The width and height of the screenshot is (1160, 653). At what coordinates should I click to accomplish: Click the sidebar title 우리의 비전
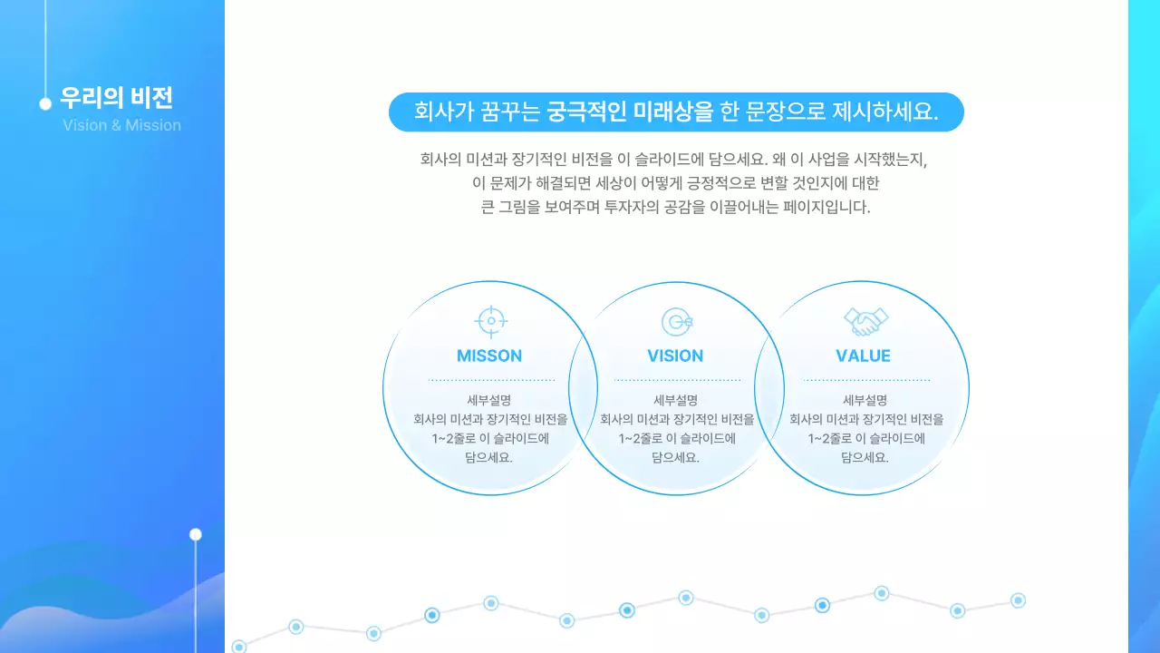pos(116,97)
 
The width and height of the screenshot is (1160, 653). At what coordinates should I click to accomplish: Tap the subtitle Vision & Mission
pos(121,125)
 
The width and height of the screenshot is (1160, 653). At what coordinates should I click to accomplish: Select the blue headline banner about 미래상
pos(675,112)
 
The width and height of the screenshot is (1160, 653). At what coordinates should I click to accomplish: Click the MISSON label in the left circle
pos(489,356)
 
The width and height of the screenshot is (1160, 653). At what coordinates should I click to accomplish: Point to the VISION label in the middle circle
pos(675,356)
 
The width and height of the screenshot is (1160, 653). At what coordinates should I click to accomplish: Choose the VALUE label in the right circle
pos(863,356)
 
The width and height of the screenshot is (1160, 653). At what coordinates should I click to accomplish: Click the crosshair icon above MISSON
pos(490,320)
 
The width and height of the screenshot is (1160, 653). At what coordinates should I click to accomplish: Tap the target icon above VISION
pos(676,321)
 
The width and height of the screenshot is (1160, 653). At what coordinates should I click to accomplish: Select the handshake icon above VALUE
pos(865,320)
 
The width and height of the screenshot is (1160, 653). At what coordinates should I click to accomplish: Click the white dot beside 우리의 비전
pos(45,103)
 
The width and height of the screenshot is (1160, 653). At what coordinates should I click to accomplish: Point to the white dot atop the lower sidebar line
pos(195,534)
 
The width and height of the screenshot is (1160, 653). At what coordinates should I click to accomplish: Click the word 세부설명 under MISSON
pos(489,400)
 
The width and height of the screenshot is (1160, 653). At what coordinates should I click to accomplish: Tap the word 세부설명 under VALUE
pos(865,400)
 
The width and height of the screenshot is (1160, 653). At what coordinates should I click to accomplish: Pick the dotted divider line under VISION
pos(677,380)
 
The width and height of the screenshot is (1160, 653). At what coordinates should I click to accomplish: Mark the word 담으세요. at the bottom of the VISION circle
pos(675,457)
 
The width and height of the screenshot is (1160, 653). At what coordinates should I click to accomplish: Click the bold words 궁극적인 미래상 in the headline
pos(618,112)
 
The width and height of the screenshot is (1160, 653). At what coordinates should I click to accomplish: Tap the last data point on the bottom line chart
pos(1018,600)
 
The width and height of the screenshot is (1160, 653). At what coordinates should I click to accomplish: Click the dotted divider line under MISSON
pos(490,380)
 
